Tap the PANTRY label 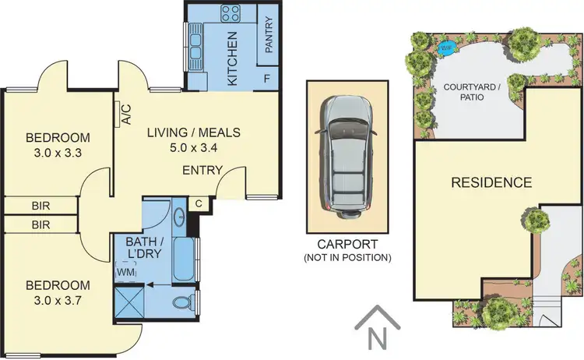(268, 37)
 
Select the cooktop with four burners (231, 13)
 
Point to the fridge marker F (267, 79)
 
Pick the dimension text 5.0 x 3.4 (194, 147)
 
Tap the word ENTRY (202, 170)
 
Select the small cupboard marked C (200, 203)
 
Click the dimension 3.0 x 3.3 (58, 153)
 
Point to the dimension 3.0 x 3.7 (58, 299)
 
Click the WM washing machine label (125, 272)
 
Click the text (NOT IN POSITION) (348, 257)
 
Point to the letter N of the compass (377, 339)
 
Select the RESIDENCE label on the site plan (491, 183)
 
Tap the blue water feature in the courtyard (446, 48)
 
